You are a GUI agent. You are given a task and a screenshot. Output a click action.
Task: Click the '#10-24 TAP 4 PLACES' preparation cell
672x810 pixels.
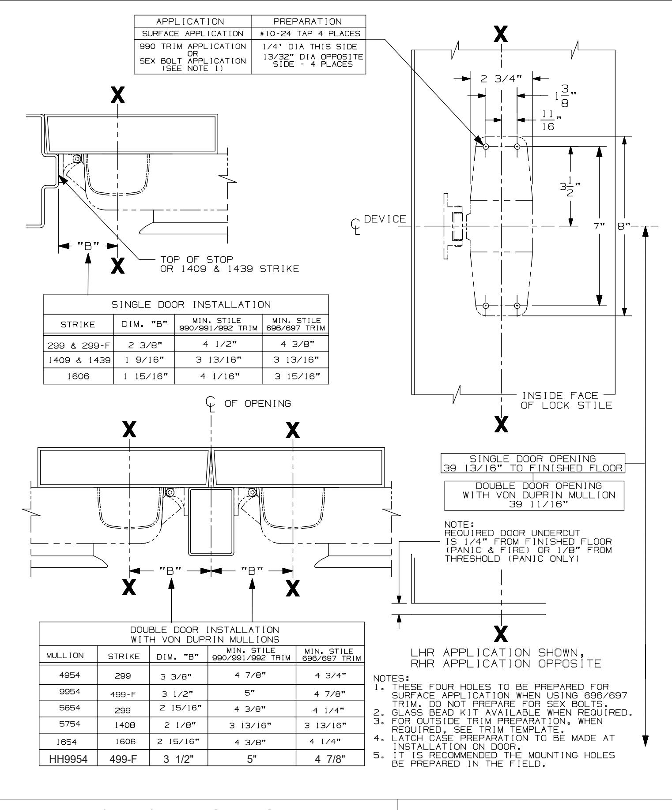coord(308,33)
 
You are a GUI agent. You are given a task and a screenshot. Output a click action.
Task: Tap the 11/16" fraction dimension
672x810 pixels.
coord(548,120)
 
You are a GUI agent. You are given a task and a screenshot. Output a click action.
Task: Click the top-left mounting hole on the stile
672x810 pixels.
coord(485,146)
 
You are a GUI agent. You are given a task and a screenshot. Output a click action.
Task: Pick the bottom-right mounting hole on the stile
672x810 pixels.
coord(517,306)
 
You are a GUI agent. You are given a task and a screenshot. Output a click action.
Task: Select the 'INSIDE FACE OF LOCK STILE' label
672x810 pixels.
coord(566,401)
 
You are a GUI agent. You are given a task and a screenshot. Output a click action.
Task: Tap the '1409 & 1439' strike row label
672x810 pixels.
coord(78,360)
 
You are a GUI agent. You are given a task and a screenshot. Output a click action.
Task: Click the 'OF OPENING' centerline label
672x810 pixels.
coord(258,403)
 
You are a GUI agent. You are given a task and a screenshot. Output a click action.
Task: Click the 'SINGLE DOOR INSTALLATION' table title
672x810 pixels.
coord(185,304)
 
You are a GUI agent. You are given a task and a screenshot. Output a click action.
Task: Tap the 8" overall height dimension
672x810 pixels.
coord(621,226)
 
